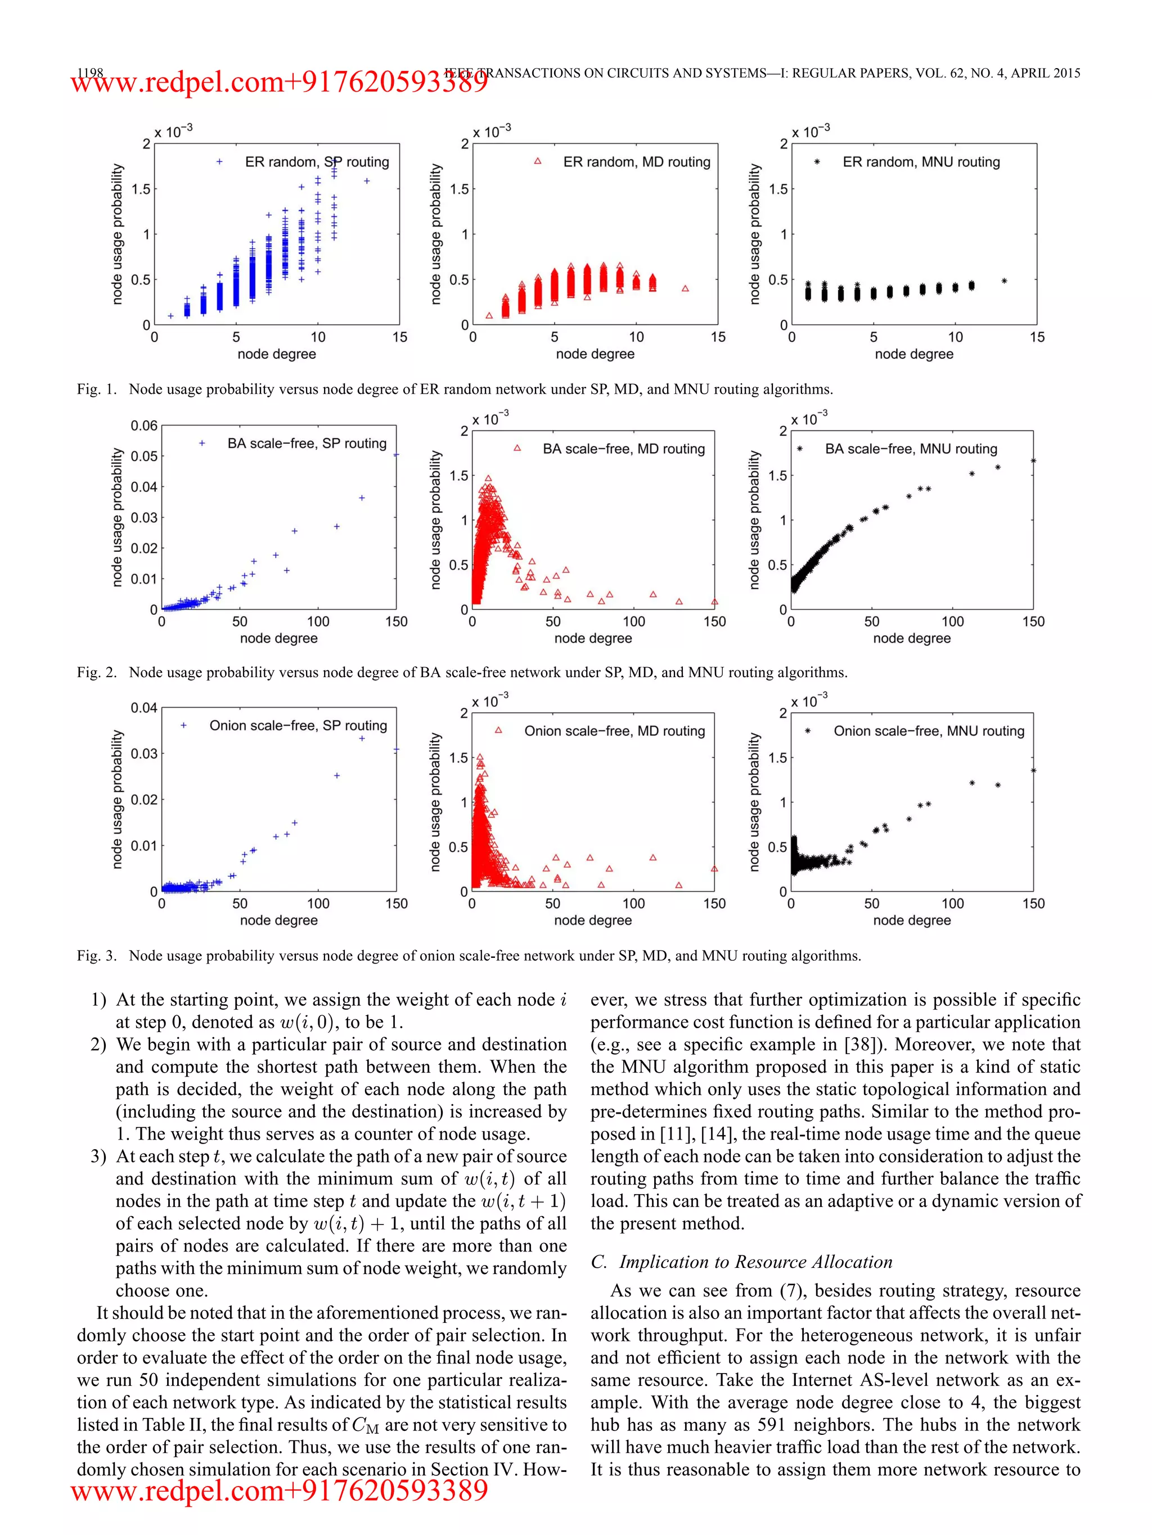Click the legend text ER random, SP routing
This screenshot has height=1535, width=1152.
[317, 161]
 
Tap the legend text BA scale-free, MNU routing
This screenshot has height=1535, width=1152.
[911, 449]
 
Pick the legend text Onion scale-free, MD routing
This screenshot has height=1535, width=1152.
[614, 731]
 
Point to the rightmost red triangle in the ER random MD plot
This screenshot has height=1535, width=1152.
[685, 289]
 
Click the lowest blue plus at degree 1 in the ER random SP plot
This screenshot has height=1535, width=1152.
[170, 316]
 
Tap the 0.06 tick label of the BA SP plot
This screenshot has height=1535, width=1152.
[143, 425]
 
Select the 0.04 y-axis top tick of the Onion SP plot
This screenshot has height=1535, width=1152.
[143, 708]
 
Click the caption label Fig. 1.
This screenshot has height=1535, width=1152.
[96, 389]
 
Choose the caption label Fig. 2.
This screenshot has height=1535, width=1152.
[96, 672]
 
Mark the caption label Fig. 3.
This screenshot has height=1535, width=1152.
[96, 956]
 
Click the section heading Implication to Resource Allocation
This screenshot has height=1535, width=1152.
[755, 1262]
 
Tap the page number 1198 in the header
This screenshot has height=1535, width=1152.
[89, 72]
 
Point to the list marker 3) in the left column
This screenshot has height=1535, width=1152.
[98, 1156]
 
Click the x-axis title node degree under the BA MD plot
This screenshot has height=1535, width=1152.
[593, 638]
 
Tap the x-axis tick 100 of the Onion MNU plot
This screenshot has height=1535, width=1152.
[952, 903]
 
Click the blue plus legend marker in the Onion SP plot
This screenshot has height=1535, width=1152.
[184, 725]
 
